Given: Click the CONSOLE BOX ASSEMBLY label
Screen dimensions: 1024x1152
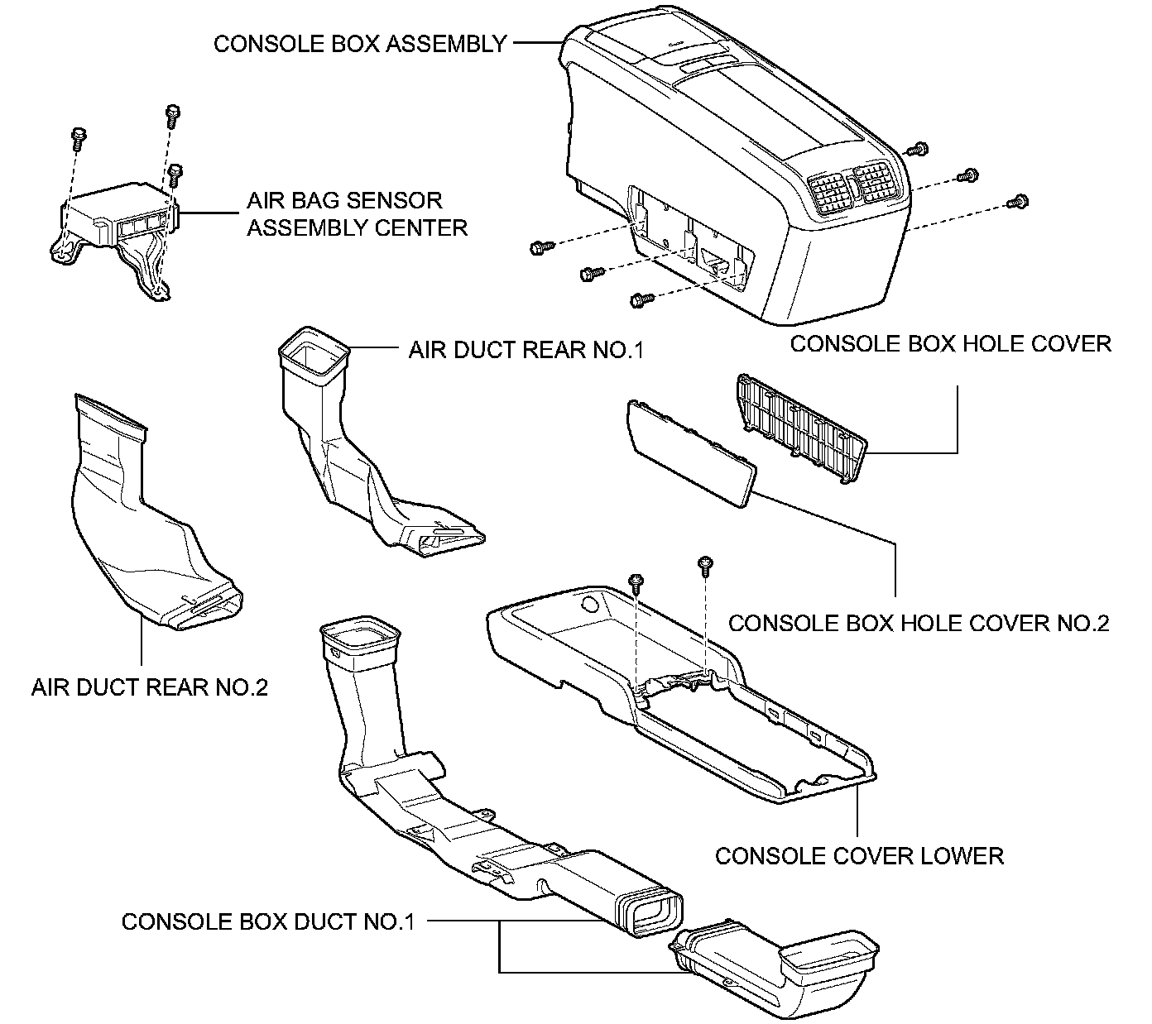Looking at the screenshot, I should pos(359,44).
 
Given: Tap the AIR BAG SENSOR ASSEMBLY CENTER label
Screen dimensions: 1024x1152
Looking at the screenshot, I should pos(357,213).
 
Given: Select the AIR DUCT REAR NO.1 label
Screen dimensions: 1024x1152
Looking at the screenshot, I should pos(526,350).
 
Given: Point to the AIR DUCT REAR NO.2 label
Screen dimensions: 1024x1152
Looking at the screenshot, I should pos(150,687).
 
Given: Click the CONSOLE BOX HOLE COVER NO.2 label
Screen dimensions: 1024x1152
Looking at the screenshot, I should pos(918,623).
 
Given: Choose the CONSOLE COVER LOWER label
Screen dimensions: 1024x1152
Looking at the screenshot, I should pos(859,855).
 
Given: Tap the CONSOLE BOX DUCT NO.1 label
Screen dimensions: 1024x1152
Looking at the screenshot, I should pos(267,921).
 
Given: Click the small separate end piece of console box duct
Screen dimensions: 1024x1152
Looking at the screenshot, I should pos(774,964).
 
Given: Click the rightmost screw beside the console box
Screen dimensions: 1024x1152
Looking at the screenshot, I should pos(1019,201).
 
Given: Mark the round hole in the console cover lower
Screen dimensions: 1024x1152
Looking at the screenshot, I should pos(591,605).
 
